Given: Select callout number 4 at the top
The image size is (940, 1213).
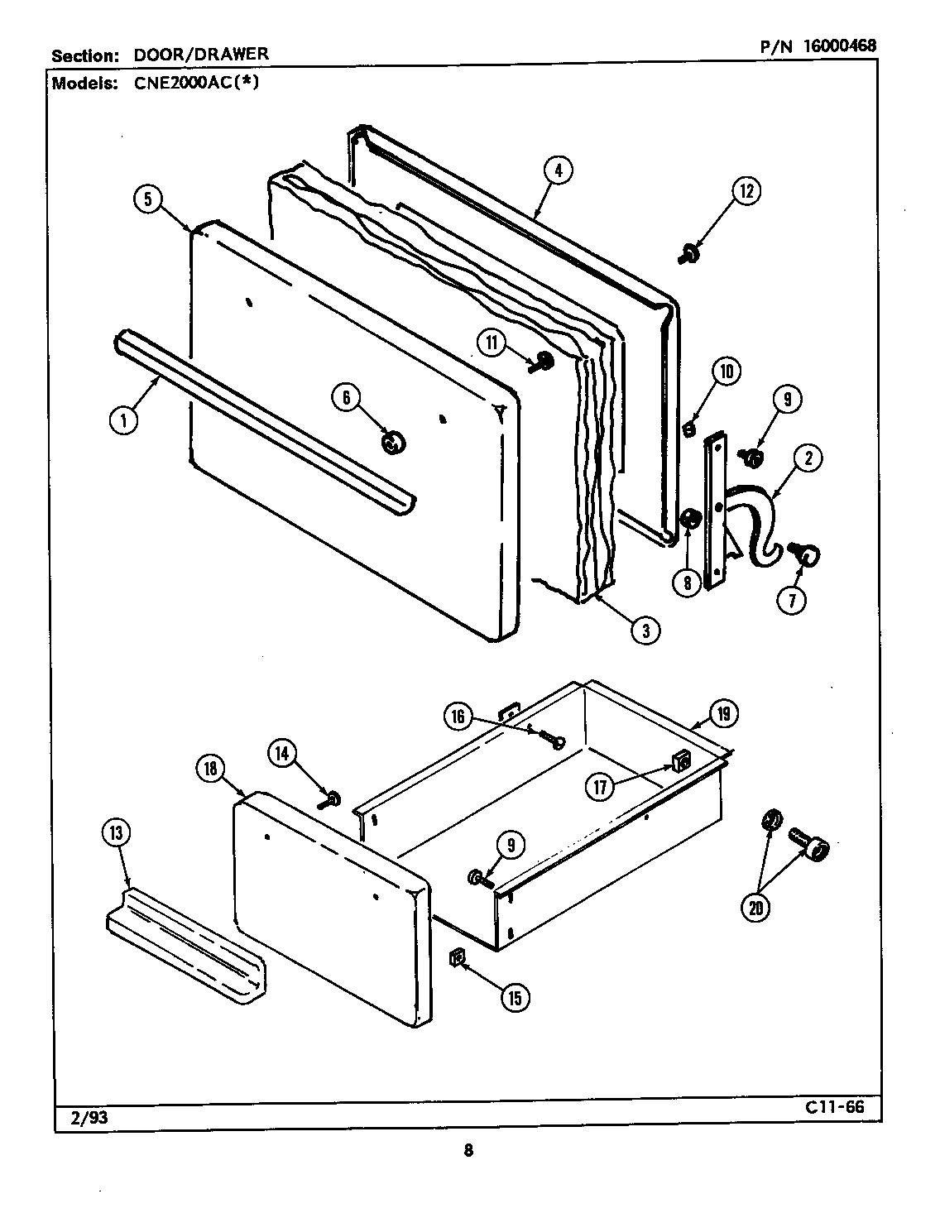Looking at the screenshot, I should [x=559, y=170].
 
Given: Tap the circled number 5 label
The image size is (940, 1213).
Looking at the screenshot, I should [x=147, y=199].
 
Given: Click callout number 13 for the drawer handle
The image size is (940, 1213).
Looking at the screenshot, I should [x=115, y=833].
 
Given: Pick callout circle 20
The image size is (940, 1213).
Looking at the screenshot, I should [x=755, y=908].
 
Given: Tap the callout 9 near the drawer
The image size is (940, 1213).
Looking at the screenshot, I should [x=511, y=845].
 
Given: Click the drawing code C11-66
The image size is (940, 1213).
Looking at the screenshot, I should [x=832, y=1107].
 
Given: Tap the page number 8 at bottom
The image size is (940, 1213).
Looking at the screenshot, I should [x=468, y=1150].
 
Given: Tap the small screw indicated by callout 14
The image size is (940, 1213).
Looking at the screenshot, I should [x=333, y=798].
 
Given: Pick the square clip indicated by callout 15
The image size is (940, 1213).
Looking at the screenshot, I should [x=456, y=959].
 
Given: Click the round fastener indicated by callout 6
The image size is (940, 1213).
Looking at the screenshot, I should [x=391, y=443].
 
